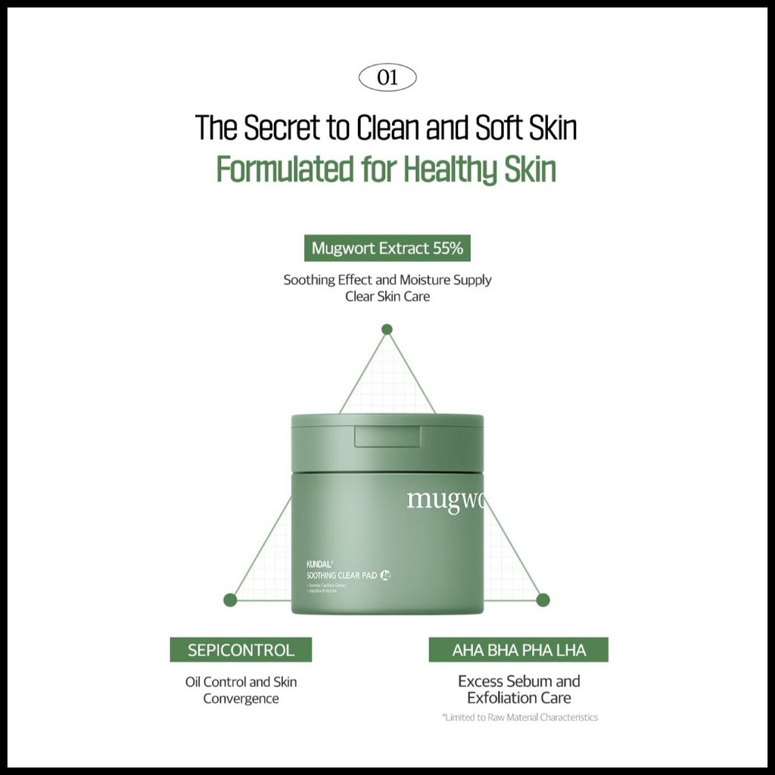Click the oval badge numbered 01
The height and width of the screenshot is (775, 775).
(x=386, y=78)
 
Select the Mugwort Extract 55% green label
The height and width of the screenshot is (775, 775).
(x=387, y=248)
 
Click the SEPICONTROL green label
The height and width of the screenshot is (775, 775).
(x=241, y=649)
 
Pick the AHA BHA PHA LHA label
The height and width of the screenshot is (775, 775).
(x=518, y=649)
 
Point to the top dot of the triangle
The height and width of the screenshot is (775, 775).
(x=387, y=329)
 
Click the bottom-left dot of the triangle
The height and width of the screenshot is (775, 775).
(x=231, y=600)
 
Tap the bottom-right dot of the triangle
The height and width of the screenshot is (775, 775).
(x=543, y=600)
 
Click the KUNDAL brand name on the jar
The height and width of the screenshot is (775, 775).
(x=310, y=564)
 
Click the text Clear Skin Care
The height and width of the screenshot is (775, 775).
(x=387, y=297)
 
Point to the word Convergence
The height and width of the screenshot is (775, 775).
(x=241, y=699)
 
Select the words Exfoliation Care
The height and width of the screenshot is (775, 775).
(x=518, y=699)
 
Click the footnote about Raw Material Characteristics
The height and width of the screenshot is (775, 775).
(x=521, y=717)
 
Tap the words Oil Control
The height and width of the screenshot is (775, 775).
(x=216, y=681)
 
